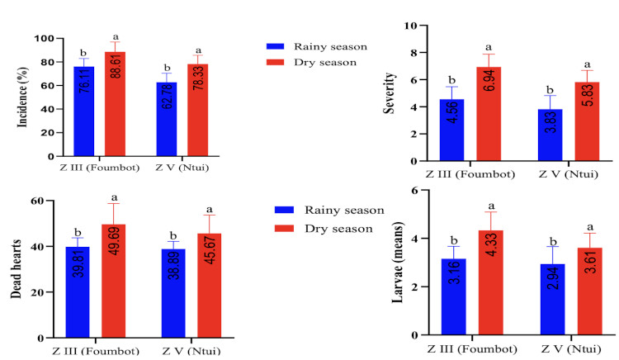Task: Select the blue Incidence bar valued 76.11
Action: pos(85,111)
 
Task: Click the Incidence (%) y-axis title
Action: pos(20,97)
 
